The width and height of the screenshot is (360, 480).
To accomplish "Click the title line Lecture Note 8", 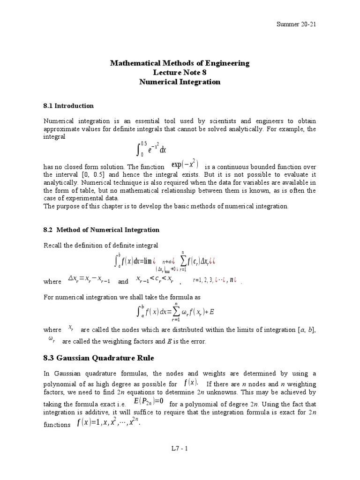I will coord(180,72).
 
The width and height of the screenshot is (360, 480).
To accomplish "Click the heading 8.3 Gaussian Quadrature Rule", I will coord(98,358).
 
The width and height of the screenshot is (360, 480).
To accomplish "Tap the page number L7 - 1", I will coord(180,448).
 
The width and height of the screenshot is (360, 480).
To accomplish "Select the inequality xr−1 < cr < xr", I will coord(154,280).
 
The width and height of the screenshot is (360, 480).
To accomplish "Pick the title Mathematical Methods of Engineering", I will coord(180,63).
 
